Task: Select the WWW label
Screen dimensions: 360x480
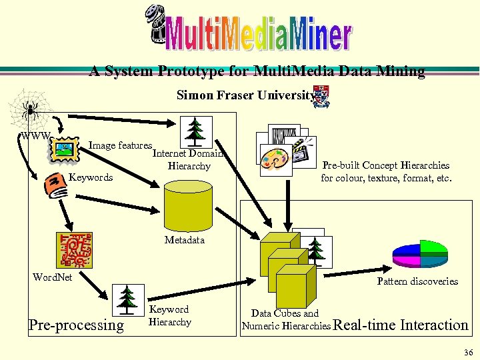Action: pos(34,136)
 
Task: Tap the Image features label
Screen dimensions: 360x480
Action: pos(121,145)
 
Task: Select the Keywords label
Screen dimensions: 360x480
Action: pos(91,177)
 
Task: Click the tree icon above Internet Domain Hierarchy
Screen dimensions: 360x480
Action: pos(197,131)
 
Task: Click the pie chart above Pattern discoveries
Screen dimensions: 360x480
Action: pos(419,251)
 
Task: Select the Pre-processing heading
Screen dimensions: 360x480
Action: pos(76,325)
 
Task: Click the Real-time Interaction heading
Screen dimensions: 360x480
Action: pos(400,325)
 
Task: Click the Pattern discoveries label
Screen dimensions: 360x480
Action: pos(417,281)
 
